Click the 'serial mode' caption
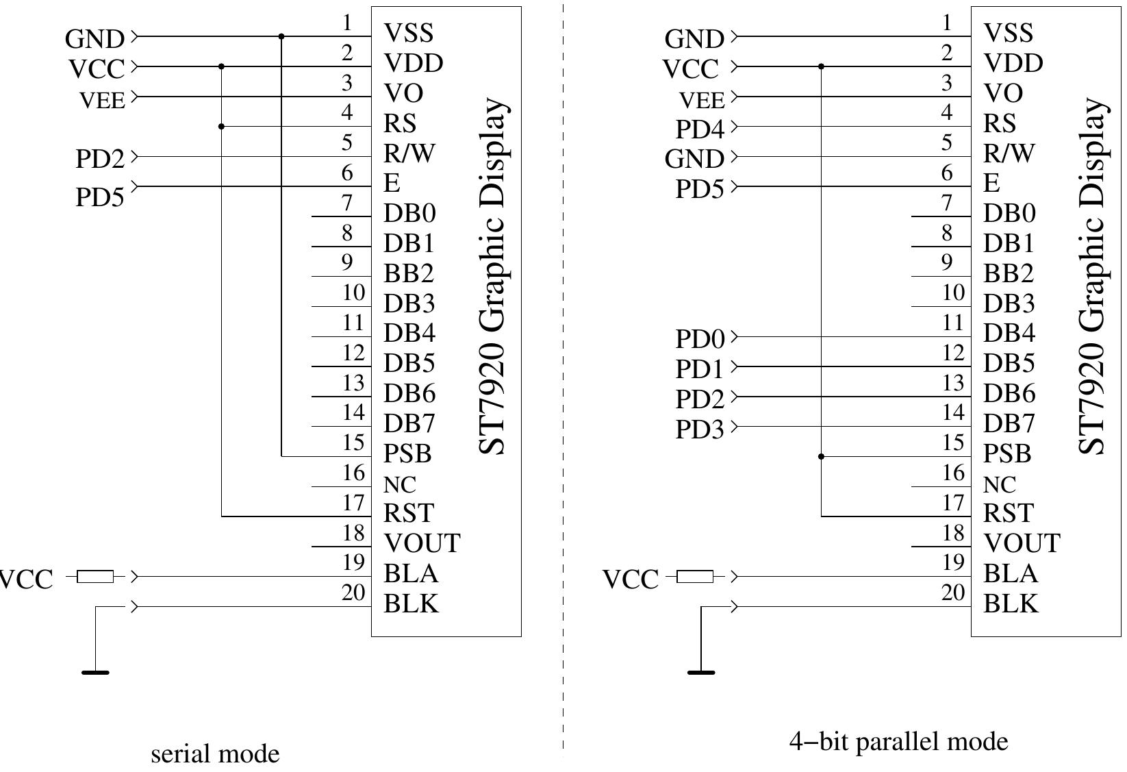[x=215, y=754]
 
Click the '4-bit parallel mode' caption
[x=898, y=741]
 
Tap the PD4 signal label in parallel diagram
[x=699, y=129]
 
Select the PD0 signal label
[x=699, y=338]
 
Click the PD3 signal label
[x=699, y=429]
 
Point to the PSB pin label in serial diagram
[x=407, y=453]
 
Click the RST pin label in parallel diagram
[x=1008, y=513]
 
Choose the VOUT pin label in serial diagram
[x=422, y=543]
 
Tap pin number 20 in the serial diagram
[x=353, y=593]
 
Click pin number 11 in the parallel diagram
[x=953, y=323]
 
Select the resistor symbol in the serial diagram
[x=95, y=577]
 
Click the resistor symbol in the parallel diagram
[x=695, y=577]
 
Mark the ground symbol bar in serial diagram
[x=95, y=673]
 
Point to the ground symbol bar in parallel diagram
[x=700, y=673]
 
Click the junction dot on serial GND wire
[x=281, y=36]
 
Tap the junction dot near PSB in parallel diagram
[x=821, y=456]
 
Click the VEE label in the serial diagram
[x=103, y=101]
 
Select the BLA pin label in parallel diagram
[x=1011, y=573]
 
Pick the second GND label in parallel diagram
[x=694, y=159]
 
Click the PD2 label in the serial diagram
[x=99, y=159]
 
